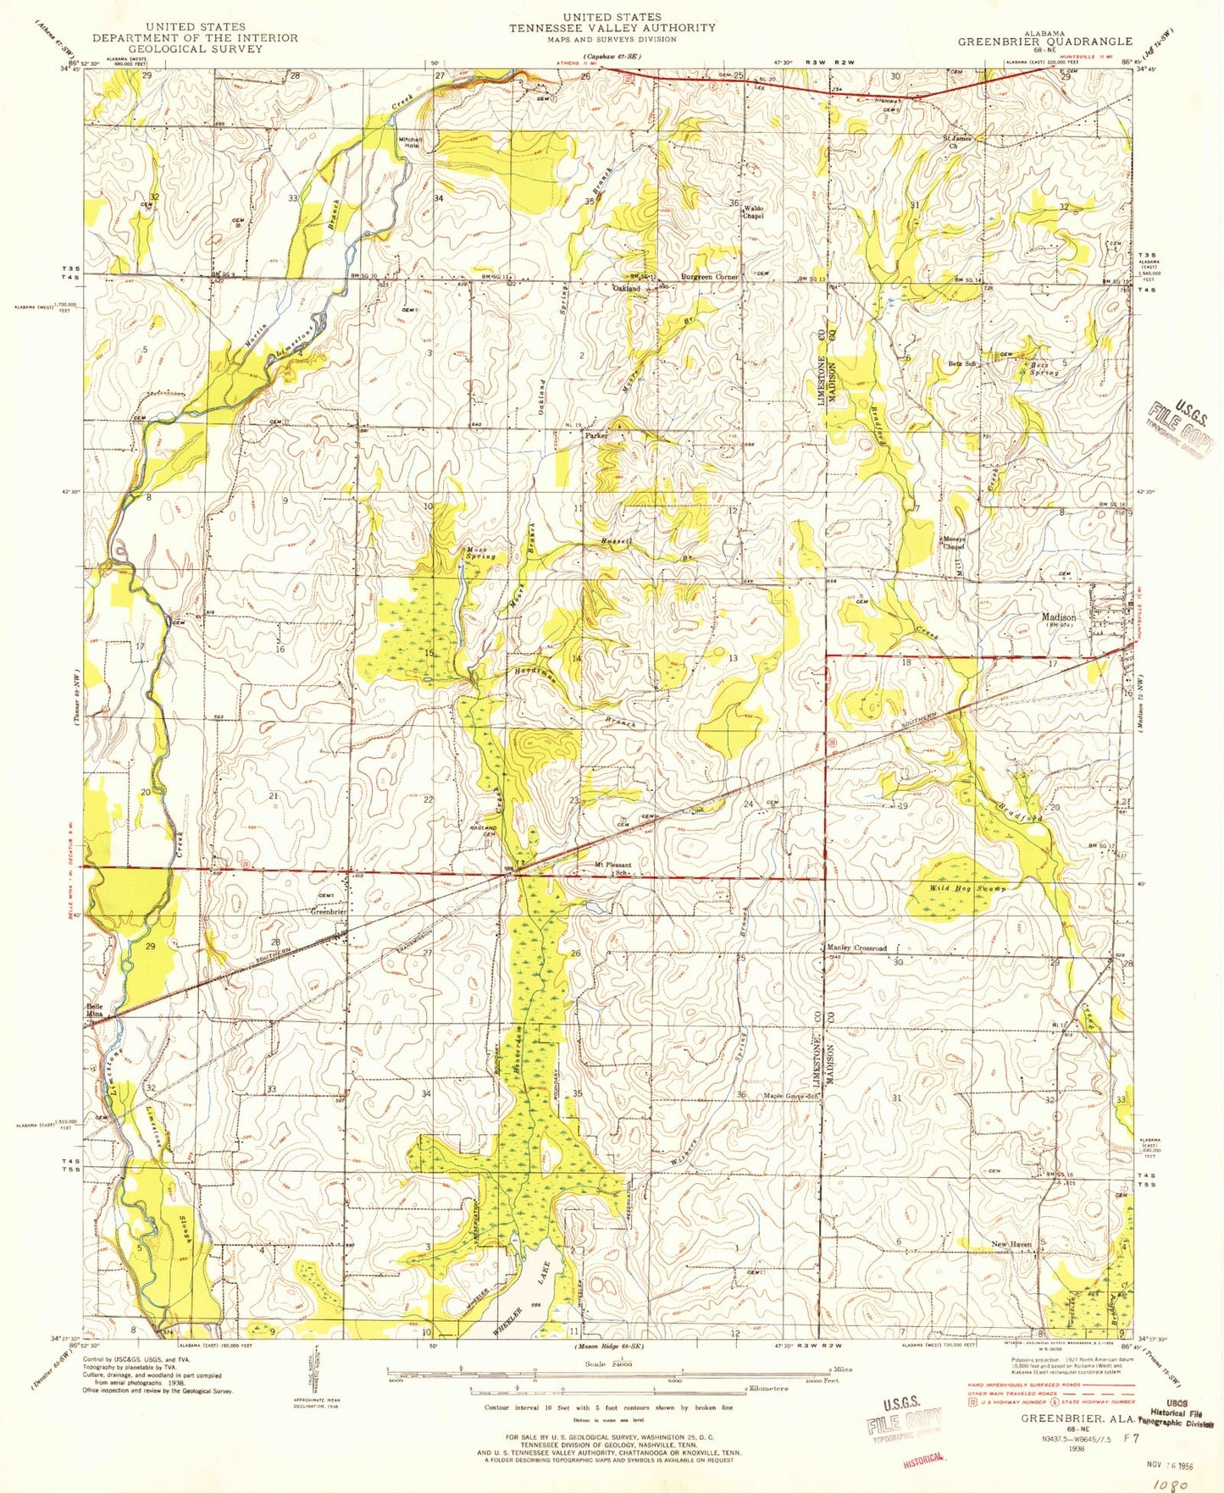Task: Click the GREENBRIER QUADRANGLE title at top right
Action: tap(1044, 41)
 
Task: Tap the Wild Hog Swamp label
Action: tap(956, 888)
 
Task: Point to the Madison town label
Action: tap(1058, 617)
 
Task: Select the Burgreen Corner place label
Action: tap(710, 277)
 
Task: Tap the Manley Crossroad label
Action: tap(856, 948)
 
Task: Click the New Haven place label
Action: tap(1011, 1244)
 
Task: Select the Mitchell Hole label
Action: tap(410, 142)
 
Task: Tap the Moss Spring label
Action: tap(479, 553)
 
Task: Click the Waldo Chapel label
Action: tap(753, 212)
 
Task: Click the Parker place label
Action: tap(596, 435)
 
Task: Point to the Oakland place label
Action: tap(626, 289)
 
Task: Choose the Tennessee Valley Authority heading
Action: tap(612, 27)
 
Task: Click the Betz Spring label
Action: tap(1044, 368)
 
